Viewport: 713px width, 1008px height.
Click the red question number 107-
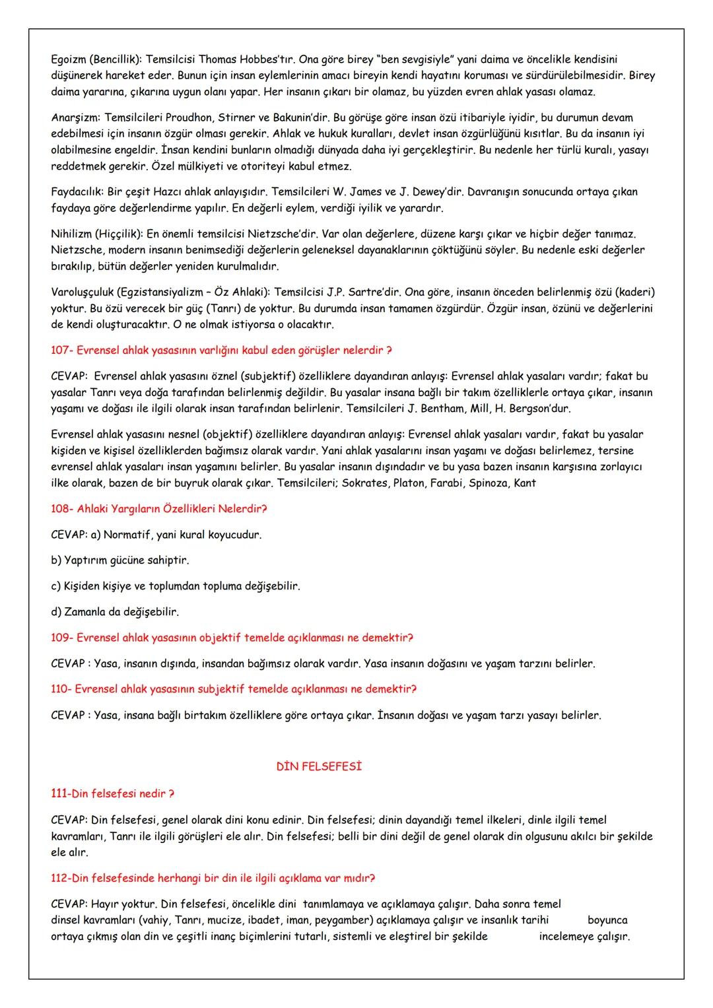(x=63, y=350)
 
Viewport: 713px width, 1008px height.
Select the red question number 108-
(x=63, y=509)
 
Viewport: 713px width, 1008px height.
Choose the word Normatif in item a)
(x=125, y=535)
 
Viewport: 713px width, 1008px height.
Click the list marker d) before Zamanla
(x=56, y=612)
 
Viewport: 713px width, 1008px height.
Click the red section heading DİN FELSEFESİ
(x=319, y=767)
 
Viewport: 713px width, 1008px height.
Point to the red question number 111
(x=60, y=793)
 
